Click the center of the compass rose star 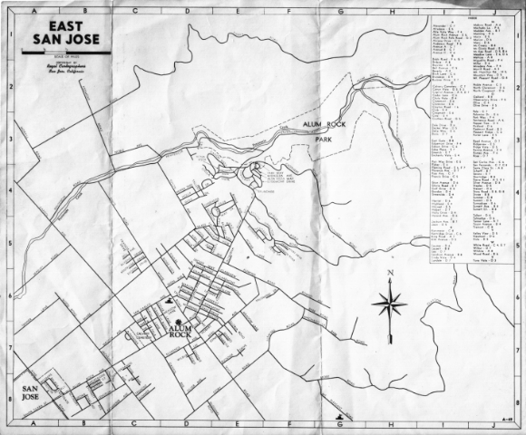point(389,302)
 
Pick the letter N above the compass point(389,274)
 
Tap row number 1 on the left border point(7,36)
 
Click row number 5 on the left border point(7,243)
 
